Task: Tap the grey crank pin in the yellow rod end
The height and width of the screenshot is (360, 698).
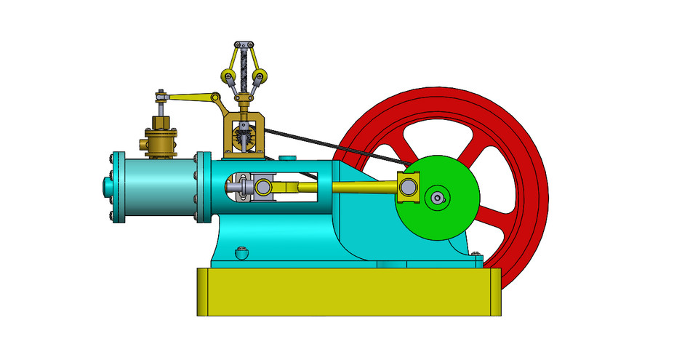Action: (x=409, y=188)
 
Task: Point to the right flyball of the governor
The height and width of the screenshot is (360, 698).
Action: (x=260, y=76)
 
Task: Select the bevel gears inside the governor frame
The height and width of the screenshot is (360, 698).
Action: (x=243, y=135)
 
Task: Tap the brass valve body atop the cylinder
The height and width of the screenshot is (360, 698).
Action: (x=161, y=143)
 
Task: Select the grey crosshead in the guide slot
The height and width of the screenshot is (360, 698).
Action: (x=247, y=188)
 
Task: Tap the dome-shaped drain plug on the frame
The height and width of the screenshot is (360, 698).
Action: (x=242, y=254)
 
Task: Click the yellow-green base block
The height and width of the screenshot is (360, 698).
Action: (x=349, y=291)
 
